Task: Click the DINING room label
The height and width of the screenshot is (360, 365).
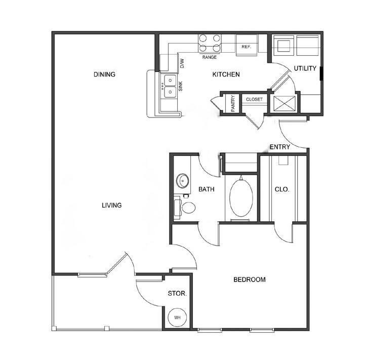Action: coord(105,75)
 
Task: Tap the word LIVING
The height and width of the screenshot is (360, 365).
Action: coord(111,206)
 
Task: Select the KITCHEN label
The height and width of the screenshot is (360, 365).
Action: coord(226,75)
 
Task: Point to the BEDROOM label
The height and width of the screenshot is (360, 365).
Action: coord(249,279)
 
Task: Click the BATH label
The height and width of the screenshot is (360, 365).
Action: coord(207,190)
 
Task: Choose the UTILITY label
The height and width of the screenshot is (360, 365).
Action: coord(305,69)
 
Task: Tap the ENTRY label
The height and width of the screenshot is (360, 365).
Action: coord(279,147)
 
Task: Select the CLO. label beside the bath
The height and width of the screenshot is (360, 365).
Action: coord(281,190)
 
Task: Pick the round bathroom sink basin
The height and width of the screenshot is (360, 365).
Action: coord(182,180)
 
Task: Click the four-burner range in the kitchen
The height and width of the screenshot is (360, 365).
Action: coord(210,43)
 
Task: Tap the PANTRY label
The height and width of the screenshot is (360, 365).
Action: coord(232,103)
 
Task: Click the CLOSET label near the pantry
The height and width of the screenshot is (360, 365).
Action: coord(254,100)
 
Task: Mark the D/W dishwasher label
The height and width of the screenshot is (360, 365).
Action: coord(182,63)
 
